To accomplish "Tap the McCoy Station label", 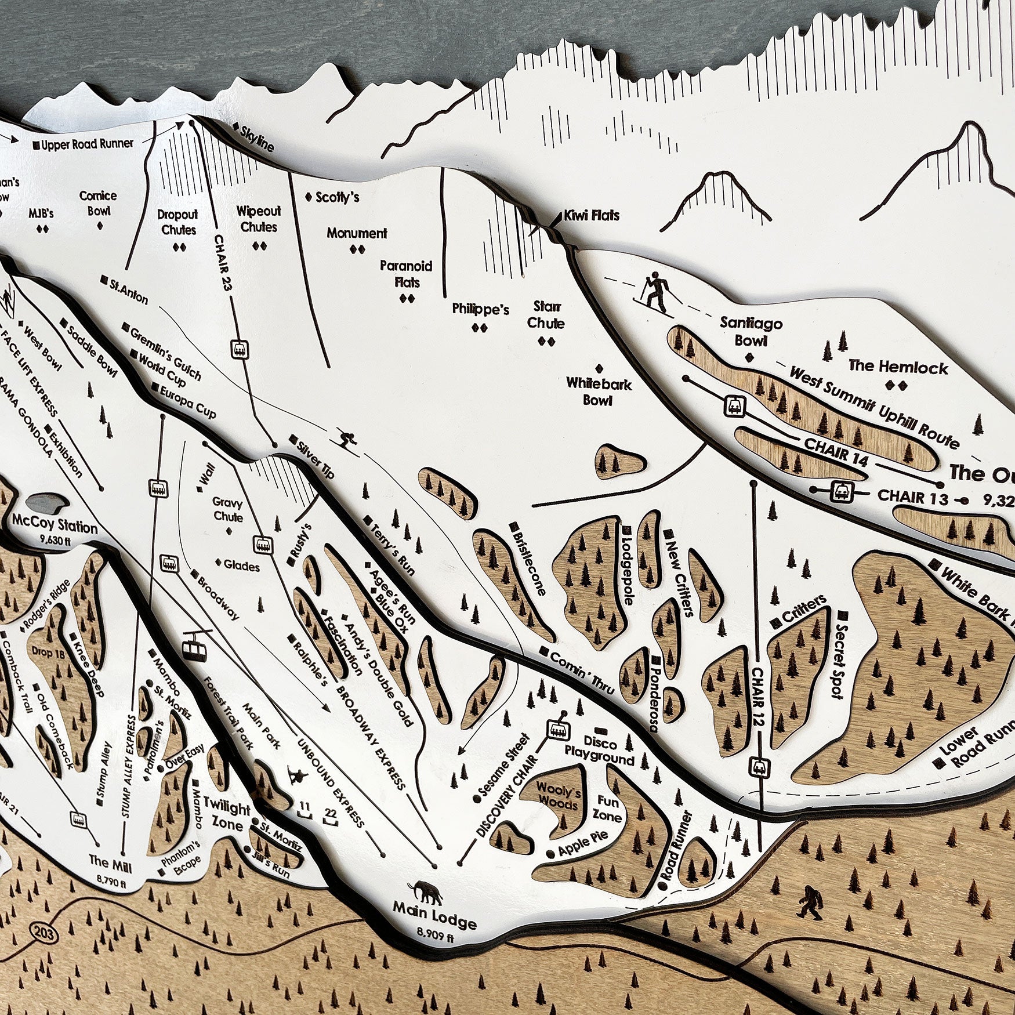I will (55, 526).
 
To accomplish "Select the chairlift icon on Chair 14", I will (734, 405).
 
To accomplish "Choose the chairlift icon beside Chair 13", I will (841, 491).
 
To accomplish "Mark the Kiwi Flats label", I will (592, 216).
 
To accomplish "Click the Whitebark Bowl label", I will (599, 391).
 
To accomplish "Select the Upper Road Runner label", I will (87, 144).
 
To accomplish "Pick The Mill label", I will (110, 862).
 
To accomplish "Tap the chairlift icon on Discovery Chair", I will (558, 730).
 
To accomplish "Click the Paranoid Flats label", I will (406, 274).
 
